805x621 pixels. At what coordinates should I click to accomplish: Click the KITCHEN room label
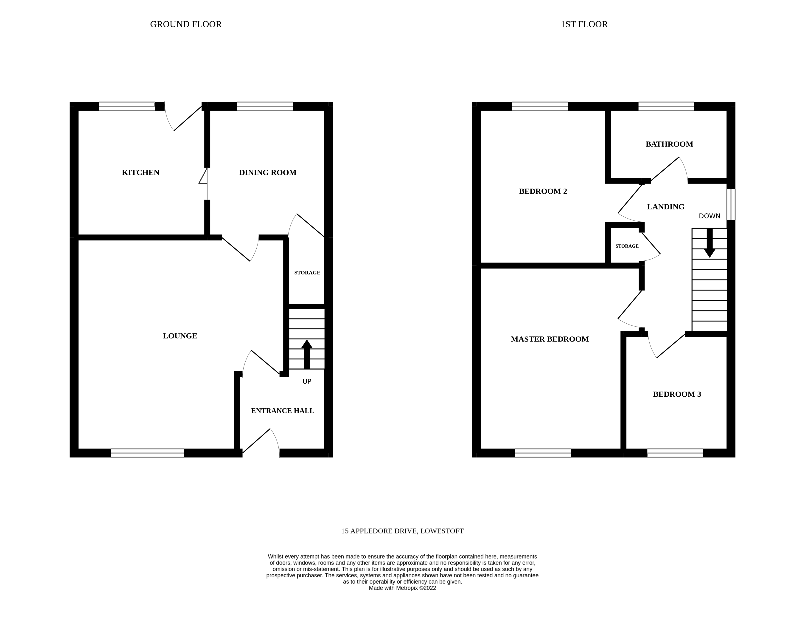[140, 172]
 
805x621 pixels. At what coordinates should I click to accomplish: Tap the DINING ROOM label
[268, 172]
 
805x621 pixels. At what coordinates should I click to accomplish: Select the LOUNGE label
[180, 336]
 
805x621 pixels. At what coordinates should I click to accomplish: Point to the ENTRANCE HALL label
[282, 411]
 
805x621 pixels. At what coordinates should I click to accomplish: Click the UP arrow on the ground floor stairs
[307, 354]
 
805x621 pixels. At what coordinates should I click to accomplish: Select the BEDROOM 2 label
[543, 191]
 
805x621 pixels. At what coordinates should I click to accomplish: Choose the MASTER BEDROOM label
[550, 339]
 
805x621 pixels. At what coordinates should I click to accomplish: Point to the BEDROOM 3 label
[677, 394]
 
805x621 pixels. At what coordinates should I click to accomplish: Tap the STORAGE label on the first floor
[627, 246]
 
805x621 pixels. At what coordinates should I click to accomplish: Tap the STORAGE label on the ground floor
[307, 273]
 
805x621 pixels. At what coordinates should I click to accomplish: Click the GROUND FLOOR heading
[186, 24]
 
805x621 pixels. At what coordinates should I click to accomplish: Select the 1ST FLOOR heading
[584, 24]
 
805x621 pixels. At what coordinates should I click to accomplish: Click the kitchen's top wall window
[127, 106]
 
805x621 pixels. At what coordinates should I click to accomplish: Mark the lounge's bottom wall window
[147, 453]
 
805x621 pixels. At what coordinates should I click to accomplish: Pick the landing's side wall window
[731, 204]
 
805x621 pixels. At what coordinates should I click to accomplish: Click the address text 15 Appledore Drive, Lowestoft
[402, 531]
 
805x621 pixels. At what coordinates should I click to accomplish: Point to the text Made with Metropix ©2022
[402, 588]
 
